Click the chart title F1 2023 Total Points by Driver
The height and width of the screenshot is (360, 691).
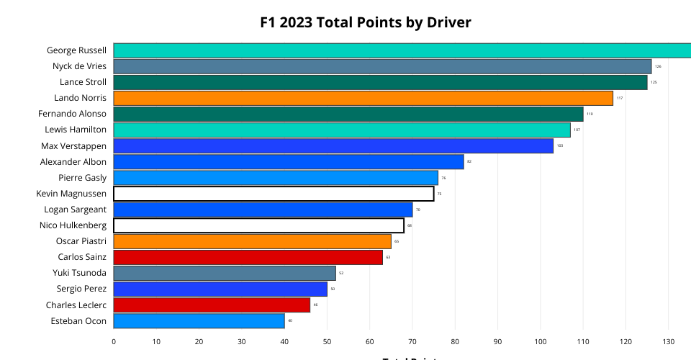point(366,22)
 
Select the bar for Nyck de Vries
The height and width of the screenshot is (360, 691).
point(382,66)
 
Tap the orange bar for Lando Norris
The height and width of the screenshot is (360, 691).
point(363,98)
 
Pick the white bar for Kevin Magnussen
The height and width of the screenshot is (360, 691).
point(274,194)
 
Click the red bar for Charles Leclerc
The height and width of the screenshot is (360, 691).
point(212,305)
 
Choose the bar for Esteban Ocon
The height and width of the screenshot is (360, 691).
point(199,321)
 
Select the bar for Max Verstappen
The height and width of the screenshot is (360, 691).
point(333,146)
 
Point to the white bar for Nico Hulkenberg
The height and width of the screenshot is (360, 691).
point(258,225)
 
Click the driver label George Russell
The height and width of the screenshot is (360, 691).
point(76,50)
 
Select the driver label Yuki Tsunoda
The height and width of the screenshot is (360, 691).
point(79,273)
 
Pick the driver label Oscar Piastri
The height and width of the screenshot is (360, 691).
point(81,241)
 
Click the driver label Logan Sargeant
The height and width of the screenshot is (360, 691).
point(75,210)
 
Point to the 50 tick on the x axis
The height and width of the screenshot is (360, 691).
point(327,342)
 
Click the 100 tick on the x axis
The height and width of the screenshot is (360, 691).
point(540,342)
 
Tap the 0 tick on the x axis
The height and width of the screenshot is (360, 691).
point(114,342)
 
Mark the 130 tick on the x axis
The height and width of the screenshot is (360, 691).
point(668,342)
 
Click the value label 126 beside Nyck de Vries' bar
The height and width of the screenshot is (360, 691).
point(658,66)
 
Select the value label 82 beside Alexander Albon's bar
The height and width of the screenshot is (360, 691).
point(469,162)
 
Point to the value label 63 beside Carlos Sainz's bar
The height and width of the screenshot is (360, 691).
point(388,257)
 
